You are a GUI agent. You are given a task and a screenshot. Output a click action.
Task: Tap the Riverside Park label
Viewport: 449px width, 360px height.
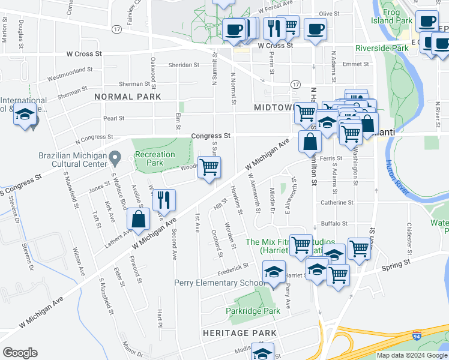click(x=381, y=48)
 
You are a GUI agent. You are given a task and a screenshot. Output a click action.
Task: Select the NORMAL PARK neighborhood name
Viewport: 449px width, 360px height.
click(x=127, y=96)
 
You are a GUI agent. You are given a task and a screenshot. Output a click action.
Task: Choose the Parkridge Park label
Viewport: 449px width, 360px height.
click(x=253, y=311)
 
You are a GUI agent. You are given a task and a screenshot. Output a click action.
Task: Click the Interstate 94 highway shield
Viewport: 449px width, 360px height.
click(x=416, y=337)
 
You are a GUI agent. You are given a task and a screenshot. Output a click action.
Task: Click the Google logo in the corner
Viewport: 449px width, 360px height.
click(x=20, y=352)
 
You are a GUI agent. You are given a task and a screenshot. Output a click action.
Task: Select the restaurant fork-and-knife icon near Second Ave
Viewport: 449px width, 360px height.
click(x=163, y=200)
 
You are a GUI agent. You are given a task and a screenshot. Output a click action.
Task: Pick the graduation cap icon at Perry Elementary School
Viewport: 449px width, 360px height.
click(x=274, y=272)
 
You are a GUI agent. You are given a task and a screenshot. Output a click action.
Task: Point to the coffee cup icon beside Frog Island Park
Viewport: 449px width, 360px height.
click(x=427, y=22)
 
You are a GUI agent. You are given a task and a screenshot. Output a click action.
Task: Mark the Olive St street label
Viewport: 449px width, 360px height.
click(x=329, y=13)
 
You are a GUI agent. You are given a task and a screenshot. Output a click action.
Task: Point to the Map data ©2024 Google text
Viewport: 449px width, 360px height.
click(x=412, y=355)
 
